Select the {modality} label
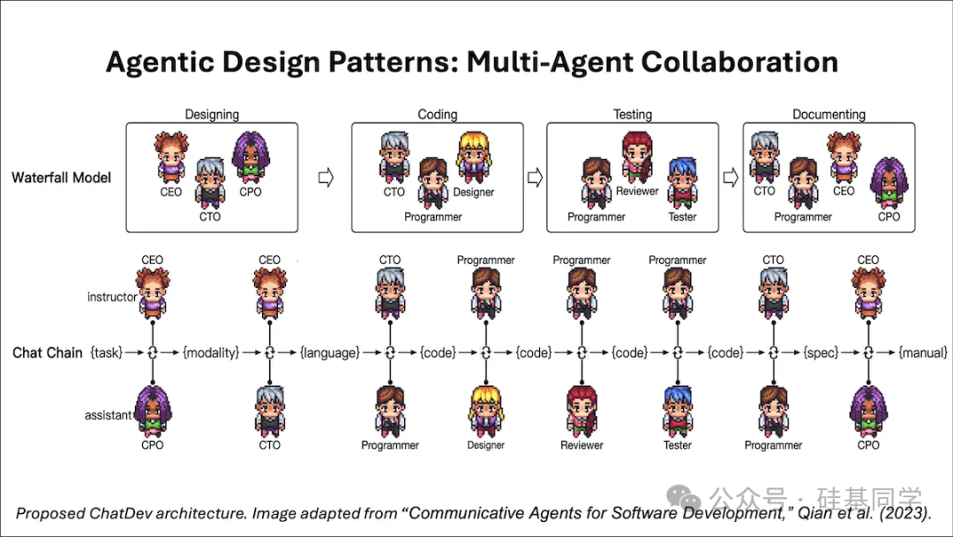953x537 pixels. (x=211, y=352)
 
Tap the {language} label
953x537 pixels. (x=329, y=352)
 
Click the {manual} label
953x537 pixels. (x=923, y=352)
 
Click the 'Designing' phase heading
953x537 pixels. (x=212, y=114)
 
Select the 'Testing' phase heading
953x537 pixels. (x=632, y=114)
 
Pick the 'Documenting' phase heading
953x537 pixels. (x=829, y=114)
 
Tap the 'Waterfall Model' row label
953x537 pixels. (x=62, y=178)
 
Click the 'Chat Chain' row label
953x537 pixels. (x=48, y=352)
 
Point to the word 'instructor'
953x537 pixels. (x=112, y=297)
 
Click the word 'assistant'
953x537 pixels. (x=109, y=415)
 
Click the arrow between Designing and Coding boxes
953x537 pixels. (x=325, y=178)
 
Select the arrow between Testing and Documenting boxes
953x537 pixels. (x=730, y=178)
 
